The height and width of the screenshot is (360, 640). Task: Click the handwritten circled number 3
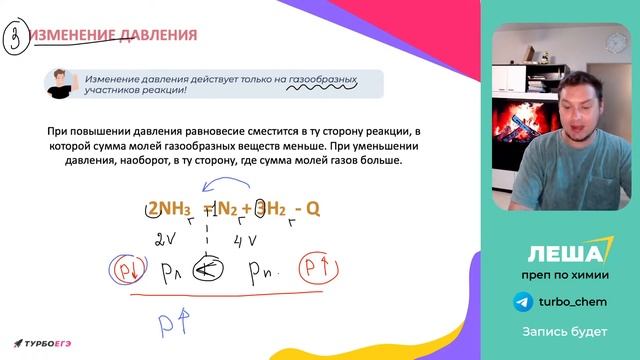[x=15, y=39]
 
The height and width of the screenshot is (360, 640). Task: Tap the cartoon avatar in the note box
[x=61, y=83]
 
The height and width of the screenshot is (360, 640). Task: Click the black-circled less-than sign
[x=208, y=270]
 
